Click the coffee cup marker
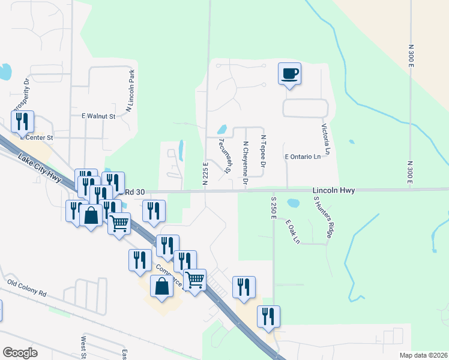289,74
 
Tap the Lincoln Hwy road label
334,190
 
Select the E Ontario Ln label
303,157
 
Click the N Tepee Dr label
262,151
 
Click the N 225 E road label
205,173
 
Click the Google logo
20,352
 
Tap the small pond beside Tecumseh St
221,129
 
